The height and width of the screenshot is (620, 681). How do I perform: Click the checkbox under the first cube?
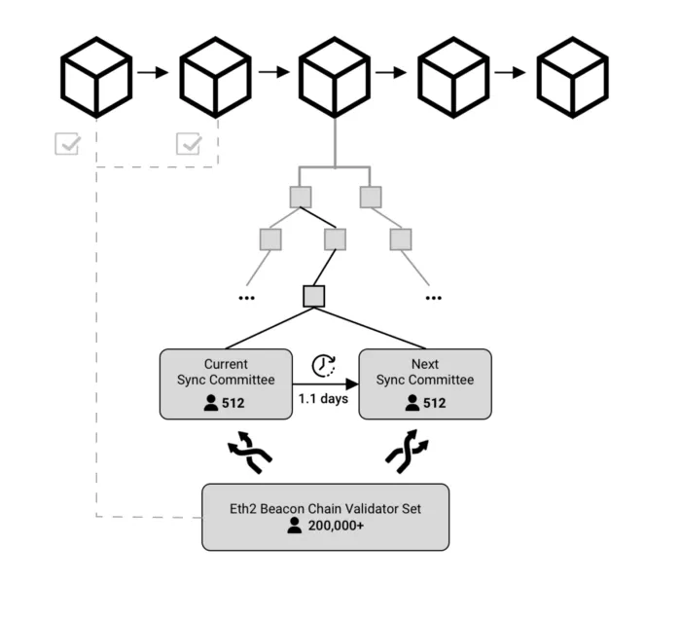(68, 144)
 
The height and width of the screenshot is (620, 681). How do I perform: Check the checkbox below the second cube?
(188, 144)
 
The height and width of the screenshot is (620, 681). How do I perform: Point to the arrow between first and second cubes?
(153, 72)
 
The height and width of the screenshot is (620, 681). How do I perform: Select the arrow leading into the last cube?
(511, 72)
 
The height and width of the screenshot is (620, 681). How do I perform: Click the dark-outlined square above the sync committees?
(314, 295)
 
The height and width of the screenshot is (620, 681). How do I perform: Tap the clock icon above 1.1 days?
(324, 365)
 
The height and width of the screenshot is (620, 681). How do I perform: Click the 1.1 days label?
(324, 399)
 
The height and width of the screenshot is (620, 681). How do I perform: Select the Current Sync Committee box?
(226, 383)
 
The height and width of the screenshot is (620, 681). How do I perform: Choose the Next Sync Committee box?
(425, 383)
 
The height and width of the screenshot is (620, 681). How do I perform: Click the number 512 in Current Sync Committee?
(233, 402)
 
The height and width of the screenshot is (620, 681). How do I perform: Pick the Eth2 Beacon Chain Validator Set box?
(325, 516)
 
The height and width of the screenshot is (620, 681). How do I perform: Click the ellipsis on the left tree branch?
(246, 296)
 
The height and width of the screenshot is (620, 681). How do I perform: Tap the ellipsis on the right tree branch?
(432, 296)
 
